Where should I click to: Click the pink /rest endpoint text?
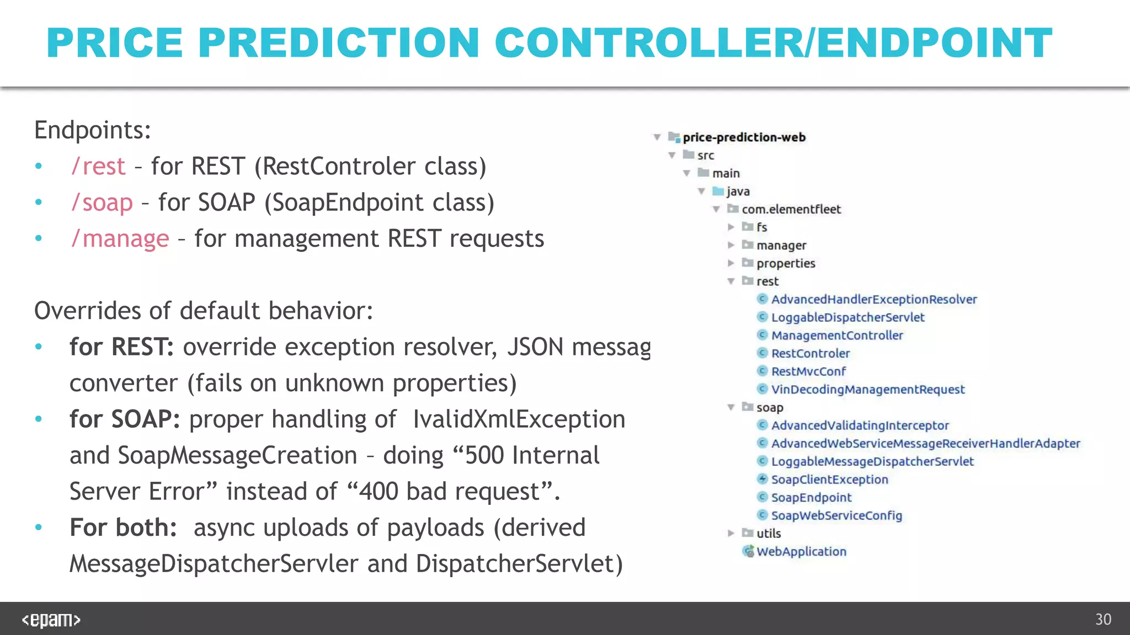click(98, 166)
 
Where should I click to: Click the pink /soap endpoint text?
click(102, 203)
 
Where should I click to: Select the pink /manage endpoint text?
click(120, 239)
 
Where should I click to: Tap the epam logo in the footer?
click(51, 620)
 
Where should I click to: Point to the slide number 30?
click(1102, 620)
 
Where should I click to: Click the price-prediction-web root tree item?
click(743, 137)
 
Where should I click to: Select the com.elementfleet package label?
click(791, 209)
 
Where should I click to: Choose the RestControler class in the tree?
click(810, 353)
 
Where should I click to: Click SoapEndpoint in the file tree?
click(811, 498)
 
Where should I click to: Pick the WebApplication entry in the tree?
click(801, 552)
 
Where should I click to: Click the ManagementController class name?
click(836, 336)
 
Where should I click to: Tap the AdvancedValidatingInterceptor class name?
click(860, 426)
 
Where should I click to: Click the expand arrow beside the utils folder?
click(731, 533)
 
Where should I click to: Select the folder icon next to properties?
click(748, 262)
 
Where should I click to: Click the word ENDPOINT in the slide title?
click(934, 43)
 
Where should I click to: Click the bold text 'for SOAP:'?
click(125, 419)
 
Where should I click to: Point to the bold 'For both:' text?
click(122, 528)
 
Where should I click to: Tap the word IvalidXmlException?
click(519, 419)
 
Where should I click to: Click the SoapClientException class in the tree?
click(829, 480)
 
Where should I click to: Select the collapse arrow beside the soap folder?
click(731, 407)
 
